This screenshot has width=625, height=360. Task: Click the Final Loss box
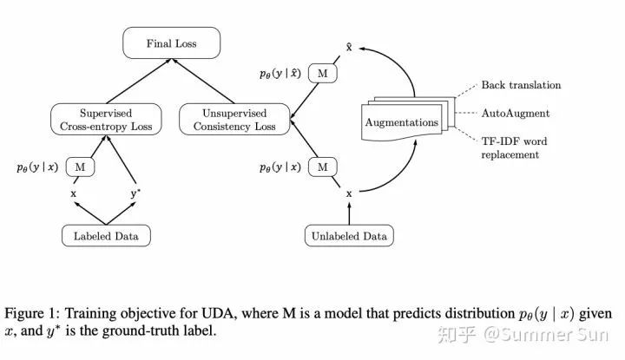[x=171, y=43]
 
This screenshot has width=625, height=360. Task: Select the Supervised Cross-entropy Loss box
[x=106, y=119]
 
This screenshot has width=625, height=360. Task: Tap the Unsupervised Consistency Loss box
[x=234, y=119]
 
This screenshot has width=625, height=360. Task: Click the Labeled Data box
[x=106, y=236]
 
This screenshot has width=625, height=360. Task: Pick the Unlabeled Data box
[x=349, y=236]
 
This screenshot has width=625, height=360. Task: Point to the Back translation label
[x=521, y=85]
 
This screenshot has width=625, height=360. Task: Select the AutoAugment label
[x=516, y=114]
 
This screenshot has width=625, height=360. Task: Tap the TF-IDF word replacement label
[x=514, y=147]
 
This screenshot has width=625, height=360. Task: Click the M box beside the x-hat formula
[x=322, y=73]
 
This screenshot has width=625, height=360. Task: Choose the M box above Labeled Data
[x=80, y=167]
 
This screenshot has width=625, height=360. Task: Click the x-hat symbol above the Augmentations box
[x=349, y=48]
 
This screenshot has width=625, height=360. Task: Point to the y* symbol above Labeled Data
[x=135, y=193]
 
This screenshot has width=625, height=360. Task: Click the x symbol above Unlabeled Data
[x=349, y=194]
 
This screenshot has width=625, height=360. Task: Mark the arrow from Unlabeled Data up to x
[x=349, y=213]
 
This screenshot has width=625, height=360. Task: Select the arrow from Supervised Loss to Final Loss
[x=139, y=82]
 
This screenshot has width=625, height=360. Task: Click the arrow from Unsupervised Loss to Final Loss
[x=203, y=82]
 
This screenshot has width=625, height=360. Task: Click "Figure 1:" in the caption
[x=32, y=313]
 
